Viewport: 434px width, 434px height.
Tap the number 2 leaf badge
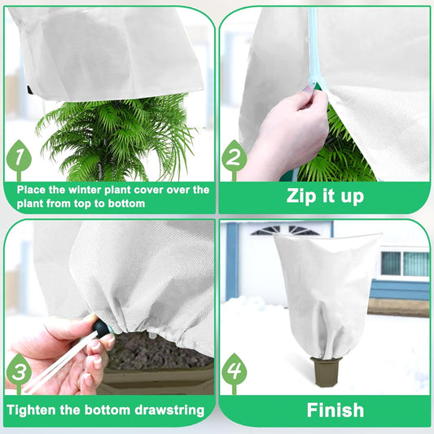point(235,159)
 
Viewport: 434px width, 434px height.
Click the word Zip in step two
point(301,196)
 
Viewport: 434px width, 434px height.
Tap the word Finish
point(335,410)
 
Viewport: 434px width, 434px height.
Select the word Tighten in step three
point(41,410)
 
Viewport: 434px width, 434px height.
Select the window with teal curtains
point(404,263)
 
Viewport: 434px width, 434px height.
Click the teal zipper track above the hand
point(313,41)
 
